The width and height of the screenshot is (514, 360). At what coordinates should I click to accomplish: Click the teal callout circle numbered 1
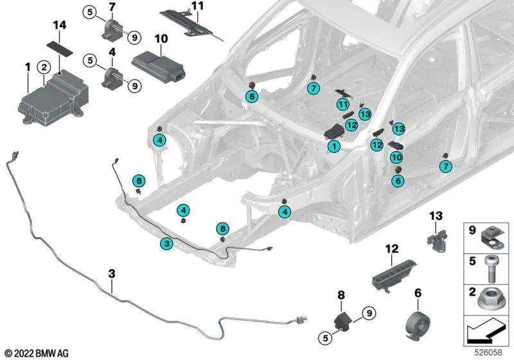(x=333, y=147)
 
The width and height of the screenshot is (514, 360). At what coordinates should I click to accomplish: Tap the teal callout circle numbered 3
(x=166, y=243)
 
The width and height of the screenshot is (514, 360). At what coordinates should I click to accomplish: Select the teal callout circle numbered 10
(x=396, y=156)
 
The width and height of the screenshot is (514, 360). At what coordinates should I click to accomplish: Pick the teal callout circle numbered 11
(x=343, y=105)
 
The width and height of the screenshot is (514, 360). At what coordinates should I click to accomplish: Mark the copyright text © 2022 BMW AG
(x=37, y=353)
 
